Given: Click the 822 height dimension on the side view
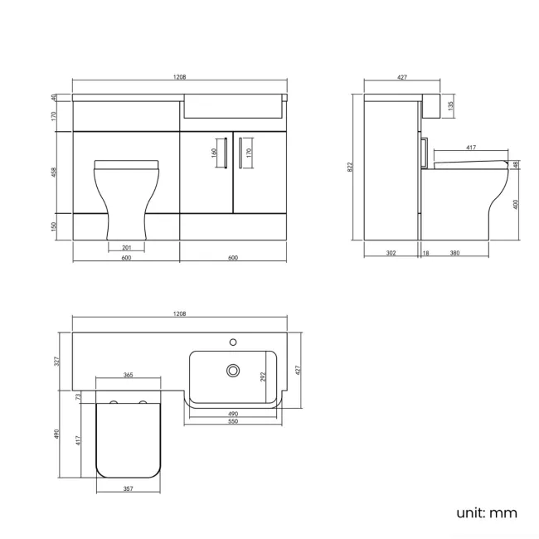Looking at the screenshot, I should pos(351,167).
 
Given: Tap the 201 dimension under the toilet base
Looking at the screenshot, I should pos(126,247).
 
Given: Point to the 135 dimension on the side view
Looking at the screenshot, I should pos(450,106).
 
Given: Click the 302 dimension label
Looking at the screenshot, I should pos(390,253).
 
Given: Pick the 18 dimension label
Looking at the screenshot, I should pos(425,253).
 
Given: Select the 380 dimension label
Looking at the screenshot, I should pos(455,253).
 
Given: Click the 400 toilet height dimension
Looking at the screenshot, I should pos(516,204).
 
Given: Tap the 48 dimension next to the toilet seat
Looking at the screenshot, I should pos(516,165).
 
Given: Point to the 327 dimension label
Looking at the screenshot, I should pos(56,361).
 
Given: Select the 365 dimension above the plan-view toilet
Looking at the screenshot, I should pos(129,376).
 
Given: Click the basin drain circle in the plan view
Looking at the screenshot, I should pos(233,370).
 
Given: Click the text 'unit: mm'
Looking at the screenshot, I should pos(486,512).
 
